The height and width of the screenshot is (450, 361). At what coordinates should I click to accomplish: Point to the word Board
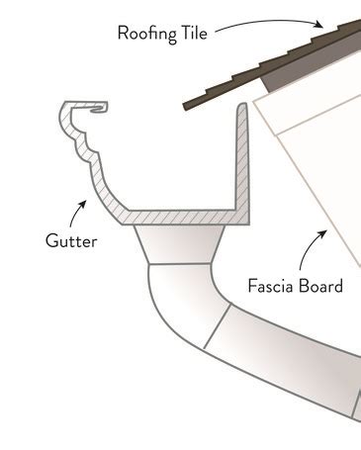pyautogui.click(x=320, y=287)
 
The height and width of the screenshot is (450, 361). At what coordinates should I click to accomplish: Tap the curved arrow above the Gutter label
pyautogui.click(x=76, y=211)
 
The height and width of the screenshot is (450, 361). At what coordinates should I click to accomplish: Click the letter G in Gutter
pyautogui.click(x=49, y=240)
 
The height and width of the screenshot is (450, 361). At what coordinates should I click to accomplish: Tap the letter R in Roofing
pyautogui.click(x=122, y=33)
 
